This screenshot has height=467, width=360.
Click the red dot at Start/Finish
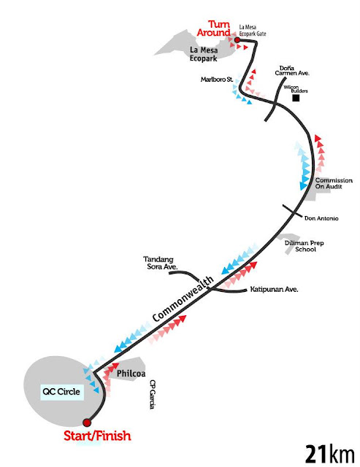[87, 422]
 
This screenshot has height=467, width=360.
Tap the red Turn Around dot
[237, 40]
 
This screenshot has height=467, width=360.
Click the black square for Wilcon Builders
[296, 98]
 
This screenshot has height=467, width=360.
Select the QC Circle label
[61, 391]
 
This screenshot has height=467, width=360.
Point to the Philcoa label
[131, 373]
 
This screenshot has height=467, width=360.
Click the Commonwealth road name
[183, 298]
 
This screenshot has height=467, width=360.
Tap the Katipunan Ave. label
[274, 289]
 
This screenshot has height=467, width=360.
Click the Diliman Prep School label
[305, 246]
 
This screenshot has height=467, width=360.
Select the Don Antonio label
[321, 218]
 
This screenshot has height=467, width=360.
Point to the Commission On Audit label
[334, 183]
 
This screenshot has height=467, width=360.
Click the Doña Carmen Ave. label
[292, 71]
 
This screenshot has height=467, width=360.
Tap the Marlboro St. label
[217, 80]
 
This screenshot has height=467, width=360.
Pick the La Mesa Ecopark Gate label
[253, 31]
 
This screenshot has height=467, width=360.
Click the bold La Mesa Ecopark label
[204, 54]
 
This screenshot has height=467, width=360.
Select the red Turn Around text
[214, 28]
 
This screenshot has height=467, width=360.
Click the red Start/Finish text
[97, 436]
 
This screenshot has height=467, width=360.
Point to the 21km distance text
[330, 455]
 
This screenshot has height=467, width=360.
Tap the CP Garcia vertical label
[153, 394]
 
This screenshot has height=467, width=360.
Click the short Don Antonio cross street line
[292, 211]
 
